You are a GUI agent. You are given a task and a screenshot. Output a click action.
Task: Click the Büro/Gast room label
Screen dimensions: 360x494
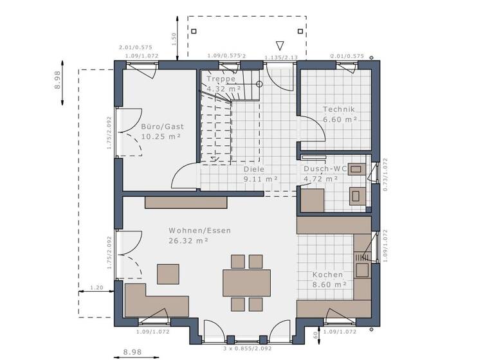pos(158,127)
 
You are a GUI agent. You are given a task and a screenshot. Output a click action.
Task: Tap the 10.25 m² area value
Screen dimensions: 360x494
pos(161,137)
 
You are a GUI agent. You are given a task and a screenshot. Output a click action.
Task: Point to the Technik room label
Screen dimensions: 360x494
pos(339,109)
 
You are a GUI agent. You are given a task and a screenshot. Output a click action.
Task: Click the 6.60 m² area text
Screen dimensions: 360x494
pos(339,120)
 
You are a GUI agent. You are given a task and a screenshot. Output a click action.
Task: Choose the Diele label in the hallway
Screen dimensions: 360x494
pos(254,170)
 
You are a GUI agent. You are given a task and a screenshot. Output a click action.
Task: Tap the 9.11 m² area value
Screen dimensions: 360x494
pos(261,179)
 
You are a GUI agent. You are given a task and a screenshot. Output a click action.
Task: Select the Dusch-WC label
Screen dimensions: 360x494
pos(325,169)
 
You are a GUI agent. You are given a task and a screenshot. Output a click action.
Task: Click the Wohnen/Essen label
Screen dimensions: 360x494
pos(199,230)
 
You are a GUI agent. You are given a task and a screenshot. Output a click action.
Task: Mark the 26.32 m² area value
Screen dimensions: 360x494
pos(188,241)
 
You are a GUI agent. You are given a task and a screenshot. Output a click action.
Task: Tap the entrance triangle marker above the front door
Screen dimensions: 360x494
pos(279,45)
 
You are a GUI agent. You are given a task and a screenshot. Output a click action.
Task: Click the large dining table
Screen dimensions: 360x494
pos(246,282)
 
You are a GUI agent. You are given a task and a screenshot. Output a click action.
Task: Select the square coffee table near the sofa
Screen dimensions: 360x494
pos(170,273)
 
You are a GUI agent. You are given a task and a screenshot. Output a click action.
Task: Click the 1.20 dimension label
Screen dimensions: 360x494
pos(96,288)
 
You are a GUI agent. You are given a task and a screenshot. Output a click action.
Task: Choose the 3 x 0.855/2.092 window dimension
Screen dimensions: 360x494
pos(246,348)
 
